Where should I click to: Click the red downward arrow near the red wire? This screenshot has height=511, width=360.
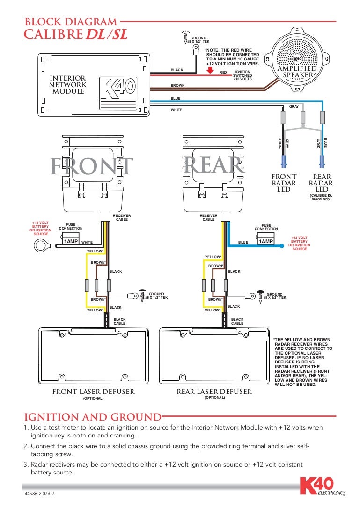(210, 70)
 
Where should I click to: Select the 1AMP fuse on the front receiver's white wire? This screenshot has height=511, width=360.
(70, 242)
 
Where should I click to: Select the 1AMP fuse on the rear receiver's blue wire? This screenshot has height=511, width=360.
(265, 241)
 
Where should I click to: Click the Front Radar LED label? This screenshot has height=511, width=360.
(284, 183)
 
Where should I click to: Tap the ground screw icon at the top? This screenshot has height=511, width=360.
(186, 36)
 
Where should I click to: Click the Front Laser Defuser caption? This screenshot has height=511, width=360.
(93, 392)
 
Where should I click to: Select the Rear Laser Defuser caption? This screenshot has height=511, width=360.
(214, 392)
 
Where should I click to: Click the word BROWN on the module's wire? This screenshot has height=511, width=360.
(177, 85)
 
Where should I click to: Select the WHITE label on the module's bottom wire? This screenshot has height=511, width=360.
(176, 110)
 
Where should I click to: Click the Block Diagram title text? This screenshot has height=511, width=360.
(71, 22)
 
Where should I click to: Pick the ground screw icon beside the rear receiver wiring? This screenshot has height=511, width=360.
(261, 294)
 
